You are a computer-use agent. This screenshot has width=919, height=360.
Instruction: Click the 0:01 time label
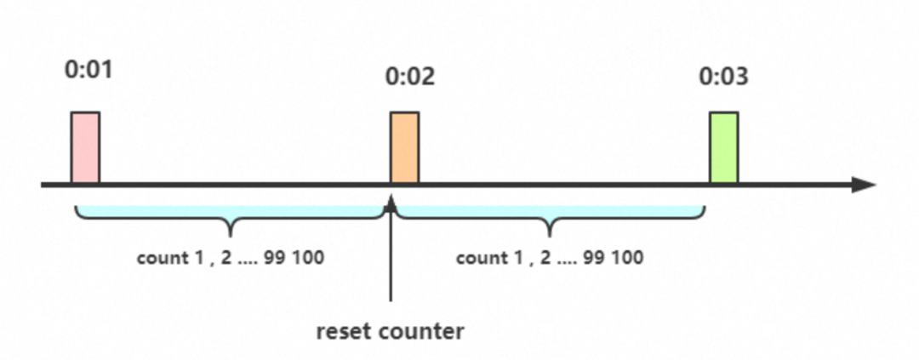(88, 69)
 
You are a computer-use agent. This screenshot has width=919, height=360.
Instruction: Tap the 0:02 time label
(410, 77)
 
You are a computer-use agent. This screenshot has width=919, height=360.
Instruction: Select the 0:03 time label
(724, 77)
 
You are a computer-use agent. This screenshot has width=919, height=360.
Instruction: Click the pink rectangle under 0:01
(85, 147)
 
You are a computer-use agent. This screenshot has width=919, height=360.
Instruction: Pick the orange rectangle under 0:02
(404, 147)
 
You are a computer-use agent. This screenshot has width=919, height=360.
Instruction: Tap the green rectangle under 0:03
(724, 147)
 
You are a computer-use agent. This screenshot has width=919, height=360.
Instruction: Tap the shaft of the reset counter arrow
(391, 255)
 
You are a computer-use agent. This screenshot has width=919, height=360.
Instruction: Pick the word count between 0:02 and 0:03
(478, 258)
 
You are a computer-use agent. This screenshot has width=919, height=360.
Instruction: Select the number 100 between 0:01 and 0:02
(307, 258)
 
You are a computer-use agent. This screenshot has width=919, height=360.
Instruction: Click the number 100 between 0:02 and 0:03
(627, 258)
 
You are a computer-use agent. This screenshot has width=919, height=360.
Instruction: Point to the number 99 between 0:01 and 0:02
(275, 258)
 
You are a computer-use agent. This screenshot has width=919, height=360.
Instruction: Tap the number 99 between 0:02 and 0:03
(595, 258)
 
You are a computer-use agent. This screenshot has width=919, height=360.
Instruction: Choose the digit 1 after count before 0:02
(188, 258)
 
